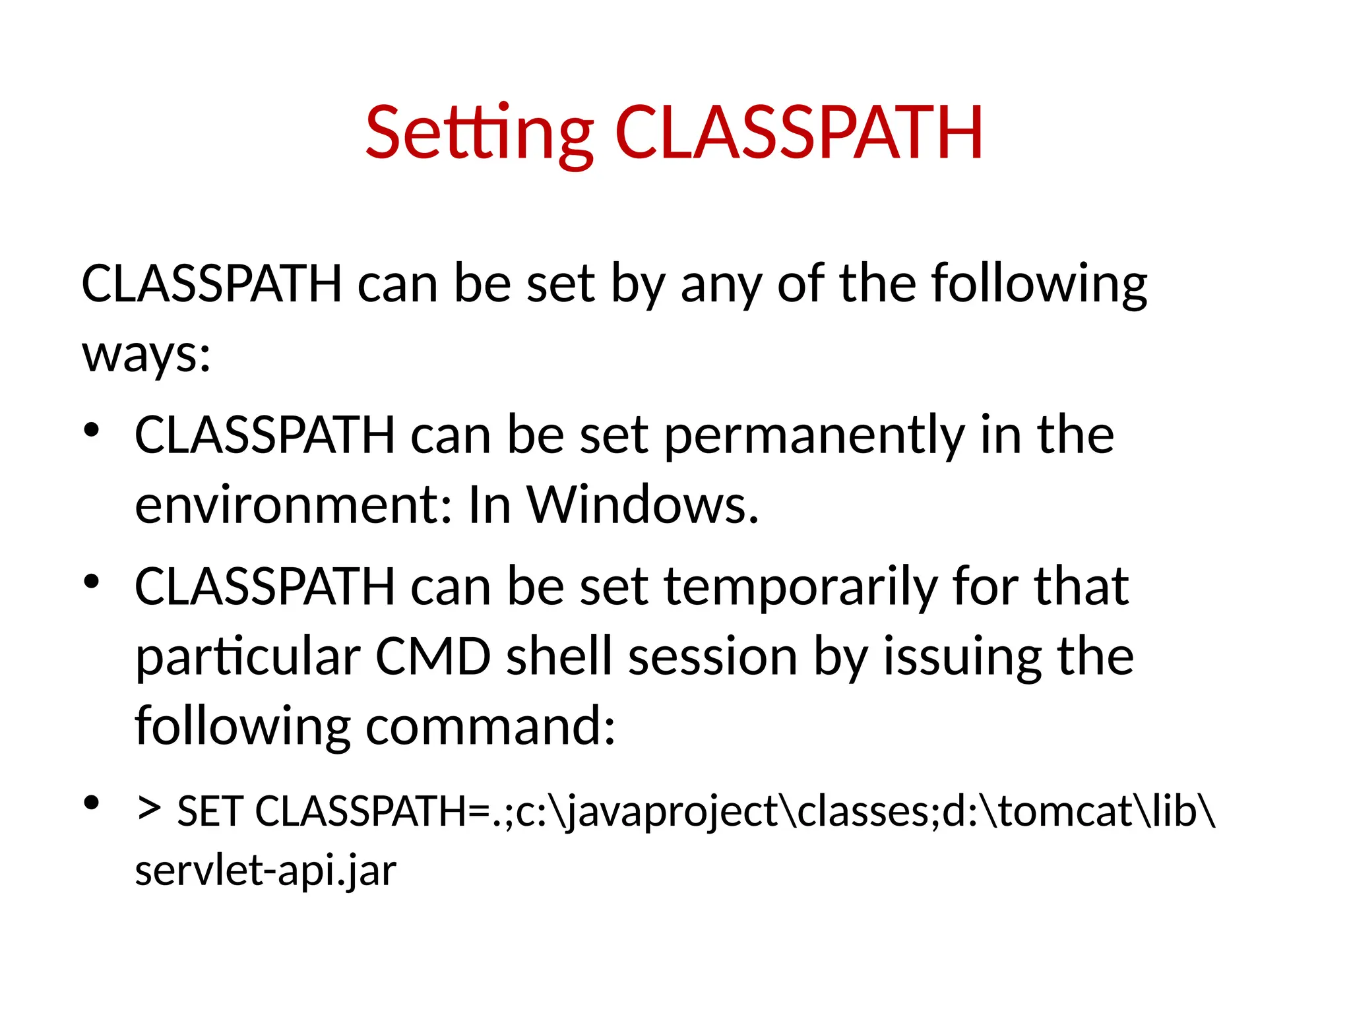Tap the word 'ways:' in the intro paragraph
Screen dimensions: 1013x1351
(x=146, y=355)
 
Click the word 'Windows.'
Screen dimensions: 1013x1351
(x=643, y=505)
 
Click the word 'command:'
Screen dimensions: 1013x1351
(x=491, y=726)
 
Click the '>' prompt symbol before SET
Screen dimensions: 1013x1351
(x=149, y=809)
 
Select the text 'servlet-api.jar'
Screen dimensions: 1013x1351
(x=266, y=871)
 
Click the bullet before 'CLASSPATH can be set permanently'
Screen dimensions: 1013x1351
(x=92, y=431)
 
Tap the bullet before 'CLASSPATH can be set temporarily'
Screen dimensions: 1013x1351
(x=92, y=582)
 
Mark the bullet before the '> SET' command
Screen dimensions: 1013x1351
(x=92, y=803)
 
